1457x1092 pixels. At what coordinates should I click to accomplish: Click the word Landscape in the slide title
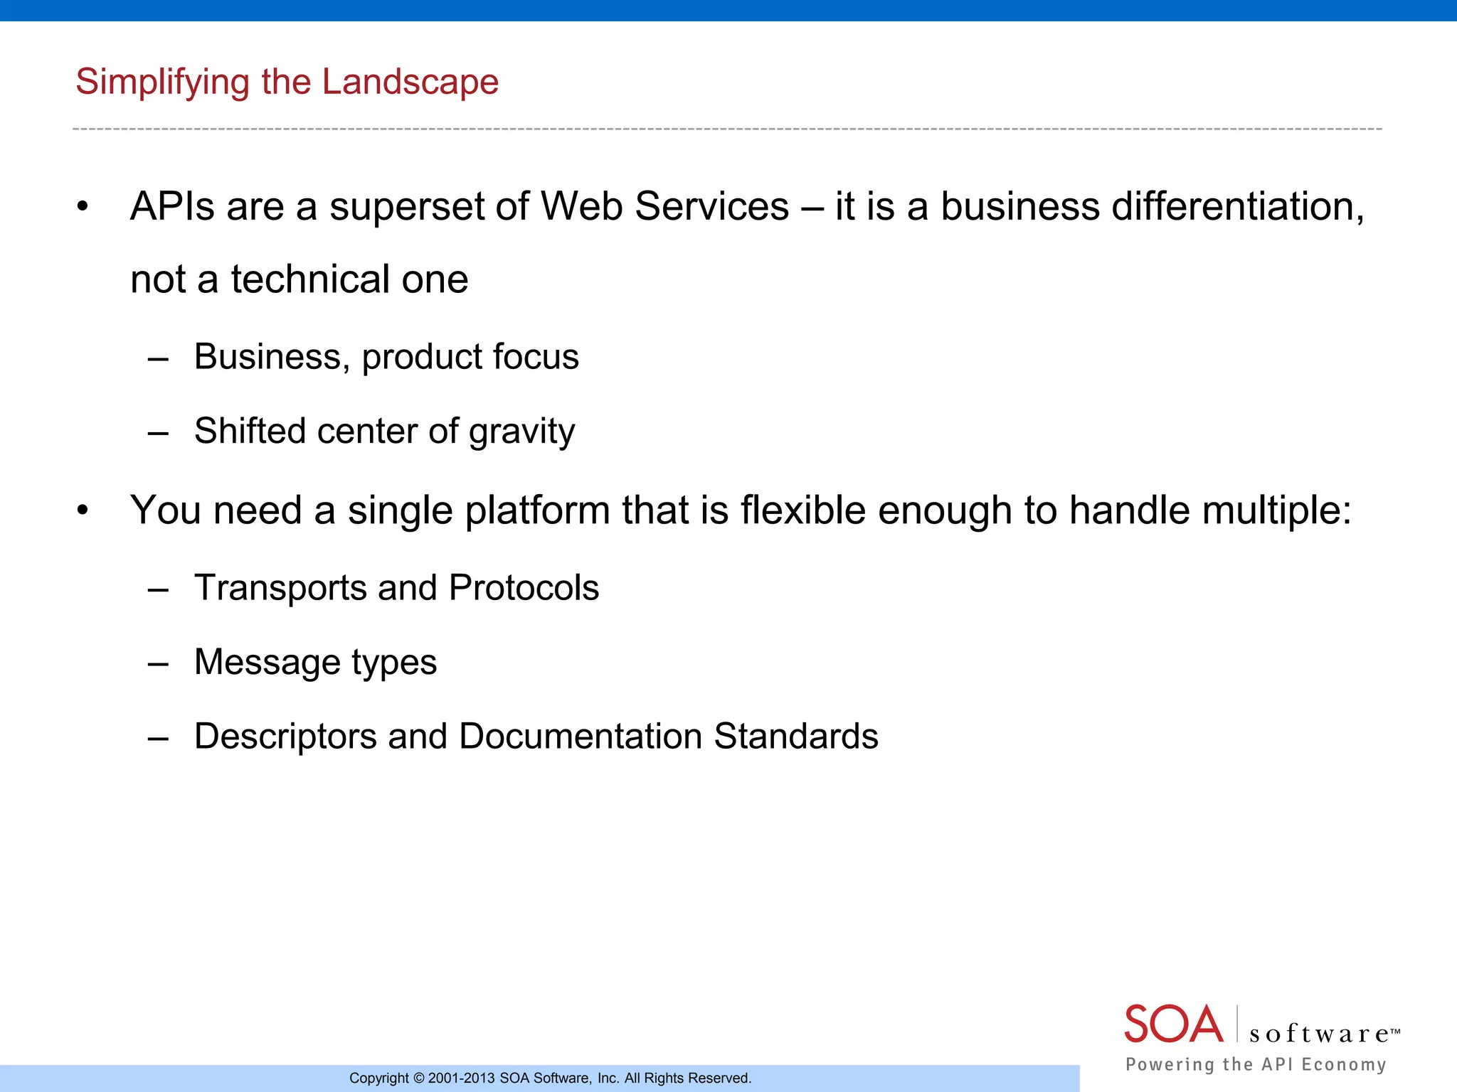[410, 82]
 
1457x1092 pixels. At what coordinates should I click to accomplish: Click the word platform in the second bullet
[537, 510]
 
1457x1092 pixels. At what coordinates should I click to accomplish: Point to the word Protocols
[524, 588]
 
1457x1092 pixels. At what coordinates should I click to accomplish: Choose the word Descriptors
[285, 737]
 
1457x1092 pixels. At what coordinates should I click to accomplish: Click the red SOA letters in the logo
[1173, 1024]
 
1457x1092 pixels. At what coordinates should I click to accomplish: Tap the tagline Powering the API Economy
[1256, 1064]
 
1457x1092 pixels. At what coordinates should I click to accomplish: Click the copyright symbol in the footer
[418, 1078]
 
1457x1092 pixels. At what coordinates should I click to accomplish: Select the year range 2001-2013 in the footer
[461, 1078]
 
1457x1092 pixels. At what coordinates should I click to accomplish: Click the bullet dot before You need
[83, 510]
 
